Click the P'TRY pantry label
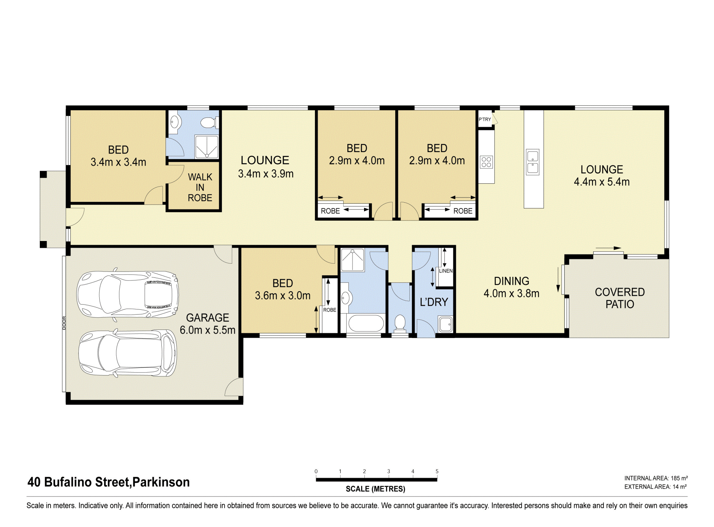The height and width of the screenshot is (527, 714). click(485, 119)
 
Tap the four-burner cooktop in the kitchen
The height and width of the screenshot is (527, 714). click(486, 162)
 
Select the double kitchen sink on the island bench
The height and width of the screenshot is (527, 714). click(533, 162)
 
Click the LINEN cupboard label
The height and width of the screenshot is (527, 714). click(446, 271)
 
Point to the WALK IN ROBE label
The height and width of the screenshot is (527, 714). click(200, 187)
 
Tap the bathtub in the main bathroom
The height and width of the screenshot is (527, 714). click(366, 323)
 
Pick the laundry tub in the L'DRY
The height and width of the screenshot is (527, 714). click(446, 324)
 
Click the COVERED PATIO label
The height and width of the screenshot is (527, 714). click(620, 298)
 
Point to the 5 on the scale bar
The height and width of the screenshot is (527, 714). click(437, 471)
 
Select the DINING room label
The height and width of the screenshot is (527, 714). click(511, 281)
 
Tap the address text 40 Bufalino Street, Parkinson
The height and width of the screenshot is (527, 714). click(109, 482)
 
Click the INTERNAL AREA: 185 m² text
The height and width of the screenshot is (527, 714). click(656, 478)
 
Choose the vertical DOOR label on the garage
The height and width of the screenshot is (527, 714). click(64, 323)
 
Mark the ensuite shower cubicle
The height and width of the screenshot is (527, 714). click(207, 147)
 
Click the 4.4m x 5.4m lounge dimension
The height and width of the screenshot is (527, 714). click(602, 182)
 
